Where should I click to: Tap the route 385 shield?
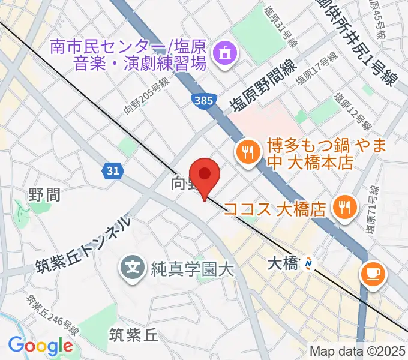[x=203, y=100]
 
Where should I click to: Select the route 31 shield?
[x=112, y=172]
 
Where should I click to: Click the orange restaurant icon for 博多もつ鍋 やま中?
[x=247, y=150]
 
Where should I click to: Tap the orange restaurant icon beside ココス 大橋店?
[x=344, y=208]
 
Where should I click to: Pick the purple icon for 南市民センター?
[x=224, y=53]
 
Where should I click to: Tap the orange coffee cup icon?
[x=373, y=274]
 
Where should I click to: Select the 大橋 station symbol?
[x=308, y=262]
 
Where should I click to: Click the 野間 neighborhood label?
[x=44, y=194]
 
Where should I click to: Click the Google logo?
[x=40, y=345]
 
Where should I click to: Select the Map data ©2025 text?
[x=356, y=352]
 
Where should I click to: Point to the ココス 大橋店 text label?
[x=274, y=209]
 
